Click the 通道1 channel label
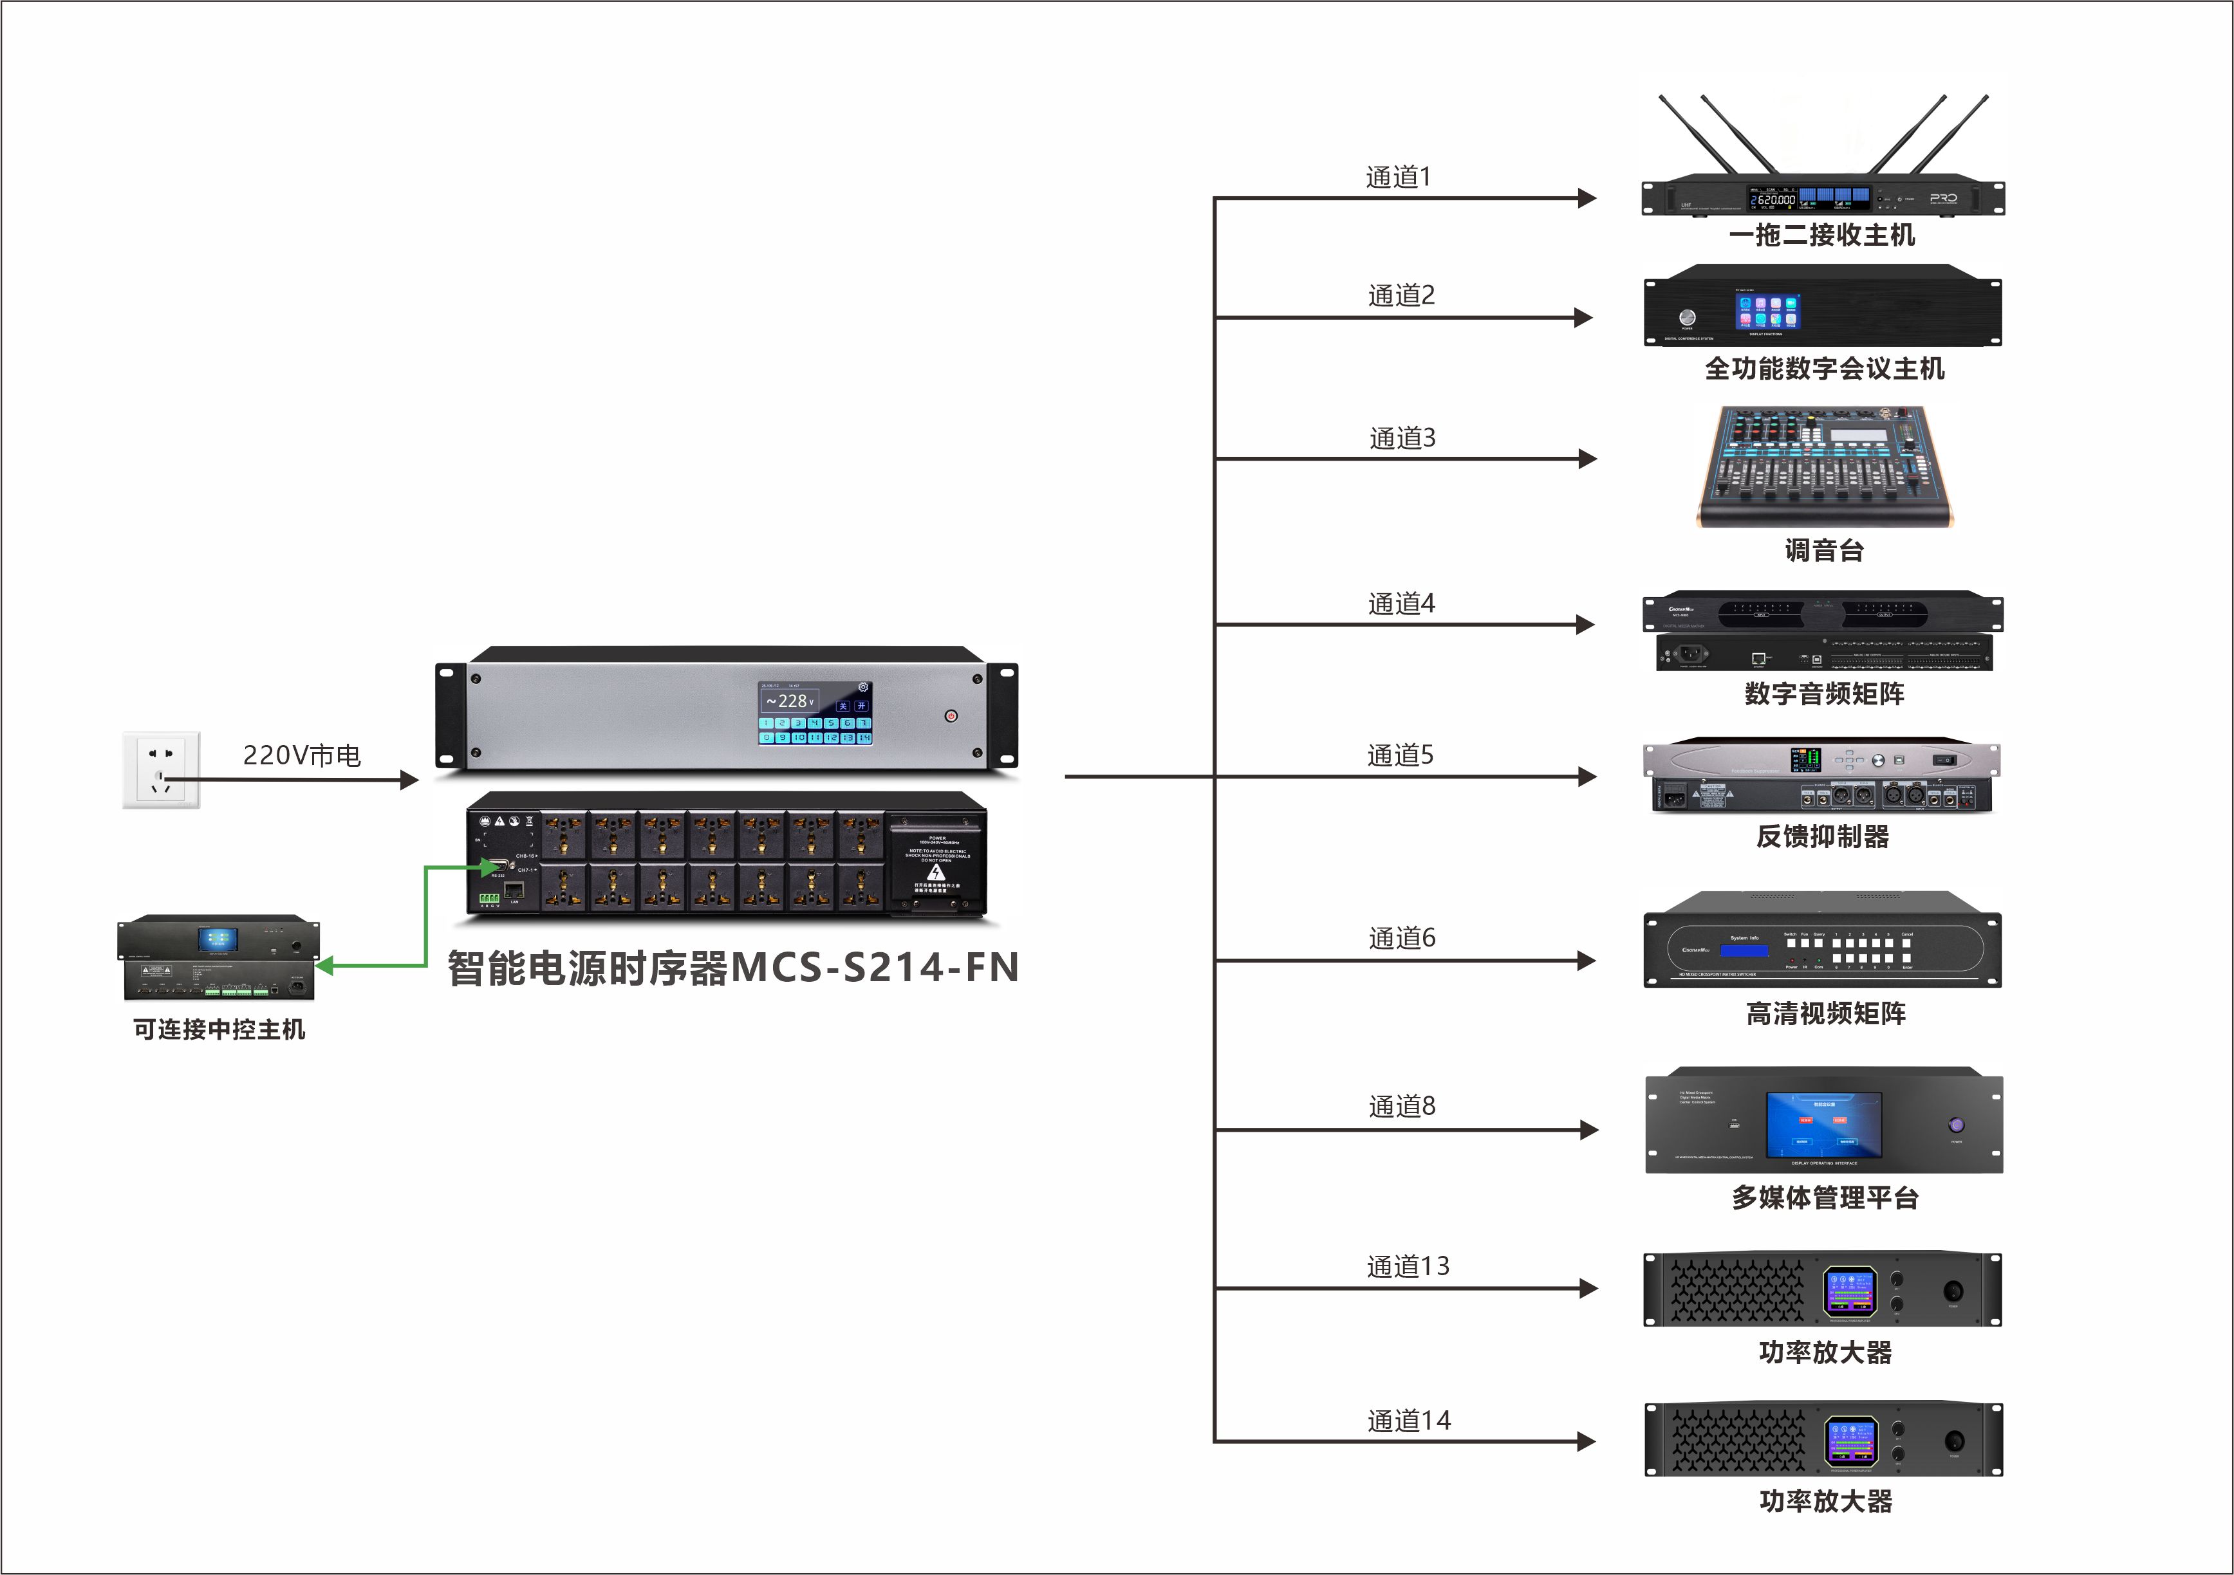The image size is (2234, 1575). tap(1398, 177)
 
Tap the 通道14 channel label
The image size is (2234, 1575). tap(1408, 1421)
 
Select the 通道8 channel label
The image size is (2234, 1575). tap(1401, 1106)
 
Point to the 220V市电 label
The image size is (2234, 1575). tap(302, 755)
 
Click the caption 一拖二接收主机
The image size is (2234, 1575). tap(1821, 235)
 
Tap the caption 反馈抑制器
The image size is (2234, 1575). tap(1823, 836)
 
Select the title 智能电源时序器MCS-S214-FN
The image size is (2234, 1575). tap(732, 968)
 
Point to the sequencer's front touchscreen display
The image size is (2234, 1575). tap(815, 713)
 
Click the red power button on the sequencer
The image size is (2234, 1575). tap(951, 716)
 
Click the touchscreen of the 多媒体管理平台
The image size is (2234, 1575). tap(1823, 1125)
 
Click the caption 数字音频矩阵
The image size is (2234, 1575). tap(1825, 694)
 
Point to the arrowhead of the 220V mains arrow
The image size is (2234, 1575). tap(409, 779)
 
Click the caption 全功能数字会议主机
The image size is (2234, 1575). tap(1825, 369)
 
